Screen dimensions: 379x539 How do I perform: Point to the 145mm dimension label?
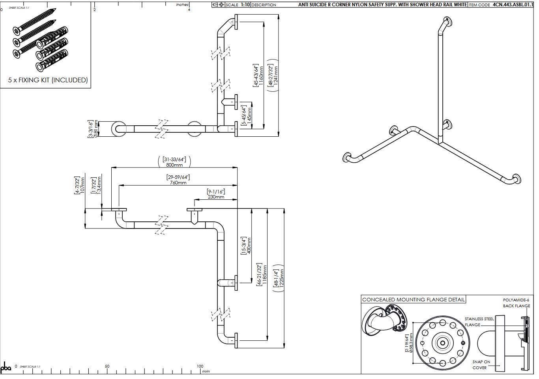click(249, 115)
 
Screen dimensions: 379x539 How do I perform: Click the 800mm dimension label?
click(174, 165)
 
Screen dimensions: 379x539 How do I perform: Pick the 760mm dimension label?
click(178, 183)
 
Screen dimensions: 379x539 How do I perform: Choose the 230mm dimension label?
click(216, 197)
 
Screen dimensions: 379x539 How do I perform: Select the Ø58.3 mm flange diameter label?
click(411, 343)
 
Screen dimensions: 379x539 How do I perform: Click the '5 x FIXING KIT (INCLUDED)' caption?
click(48, 80)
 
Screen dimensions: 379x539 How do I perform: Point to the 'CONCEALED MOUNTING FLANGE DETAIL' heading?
click(413, 299)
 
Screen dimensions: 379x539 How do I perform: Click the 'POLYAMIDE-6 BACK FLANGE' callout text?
click(516, 303)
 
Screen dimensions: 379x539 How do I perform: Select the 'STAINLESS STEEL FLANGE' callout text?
click(479, 321)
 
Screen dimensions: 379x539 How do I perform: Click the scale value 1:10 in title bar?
click(245, 5)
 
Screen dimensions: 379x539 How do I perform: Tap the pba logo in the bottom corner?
click(6, 368)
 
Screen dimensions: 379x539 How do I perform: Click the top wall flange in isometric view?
click(447, 21)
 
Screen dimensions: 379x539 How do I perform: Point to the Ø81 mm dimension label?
click(95, 129)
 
